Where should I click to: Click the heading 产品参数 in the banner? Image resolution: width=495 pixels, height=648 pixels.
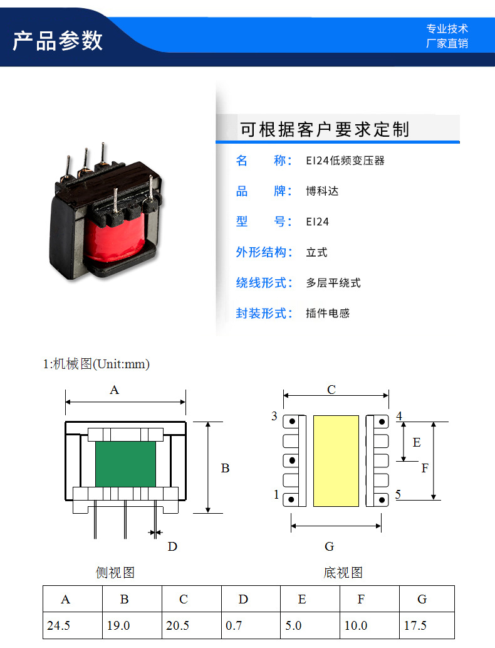(57, 40)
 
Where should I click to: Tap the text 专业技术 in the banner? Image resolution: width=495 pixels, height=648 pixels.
(447, 29)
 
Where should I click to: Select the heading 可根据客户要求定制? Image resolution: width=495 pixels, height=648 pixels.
(325, 130)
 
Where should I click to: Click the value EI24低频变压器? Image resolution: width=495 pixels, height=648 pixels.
(345, 161)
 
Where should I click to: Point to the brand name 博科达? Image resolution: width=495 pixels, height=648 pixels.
(322, 191)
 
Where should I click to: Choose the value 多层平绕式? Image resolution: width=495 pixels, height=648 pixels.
(333, 283)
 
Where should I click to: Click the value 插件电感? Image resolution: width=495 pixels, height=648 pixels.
(328, 313)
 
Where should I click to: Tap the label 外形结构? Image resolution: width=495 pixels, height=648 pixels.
(264, 252)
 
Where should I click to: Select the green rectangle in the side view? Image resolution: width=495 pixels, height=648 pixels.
(125, 464)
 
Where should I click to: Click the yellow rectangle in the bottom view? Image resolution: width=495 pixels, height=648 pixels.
(336, 460)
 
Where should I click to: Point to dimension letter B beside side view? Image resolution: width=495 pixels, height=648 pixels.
(226, 468)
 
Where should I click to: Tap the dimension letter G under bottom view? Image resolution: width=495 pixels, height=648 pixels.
(330, 546)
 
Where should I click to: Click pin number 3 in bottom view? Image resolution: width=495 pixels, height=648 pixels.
(274, 417)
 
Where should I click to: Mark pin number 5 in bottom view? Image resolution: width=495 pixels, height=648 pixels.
(399, 495)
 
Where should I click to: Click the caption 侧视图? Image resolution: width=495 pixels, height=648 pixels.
(115, 572)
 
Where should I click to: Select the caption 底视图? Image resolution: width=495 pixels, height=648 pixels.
(343, 572)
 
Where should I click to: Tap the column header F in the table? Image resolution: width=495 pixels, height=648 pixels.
(361, 599)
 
